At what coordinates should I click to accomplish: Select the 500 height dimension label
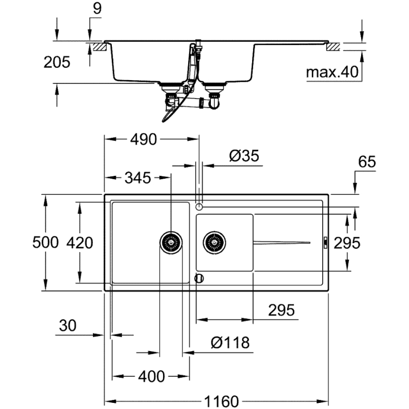coord(45,243)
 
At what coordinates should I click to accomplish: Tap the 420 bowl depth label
coord(80,243)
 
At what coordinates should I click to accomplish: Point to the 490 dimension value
coord(144,140)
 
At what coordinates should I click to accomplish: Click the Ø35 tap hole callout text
coord(244,156)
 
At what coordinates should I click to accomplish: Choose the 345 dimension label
coord(137,178)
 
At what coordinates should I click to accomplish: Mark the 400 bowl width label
coord(151,377)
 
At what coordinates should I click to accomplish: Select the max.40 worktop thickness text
coord(331,72)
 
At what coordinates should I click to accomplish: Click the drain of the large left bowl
coord(171,243)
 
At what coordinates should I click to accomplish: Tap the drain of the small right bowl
coord(215,243)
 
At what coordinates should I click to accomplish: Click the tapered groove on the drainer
coord(281,242)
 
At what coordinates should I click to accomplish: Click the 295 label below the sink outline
coord(280,310)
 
